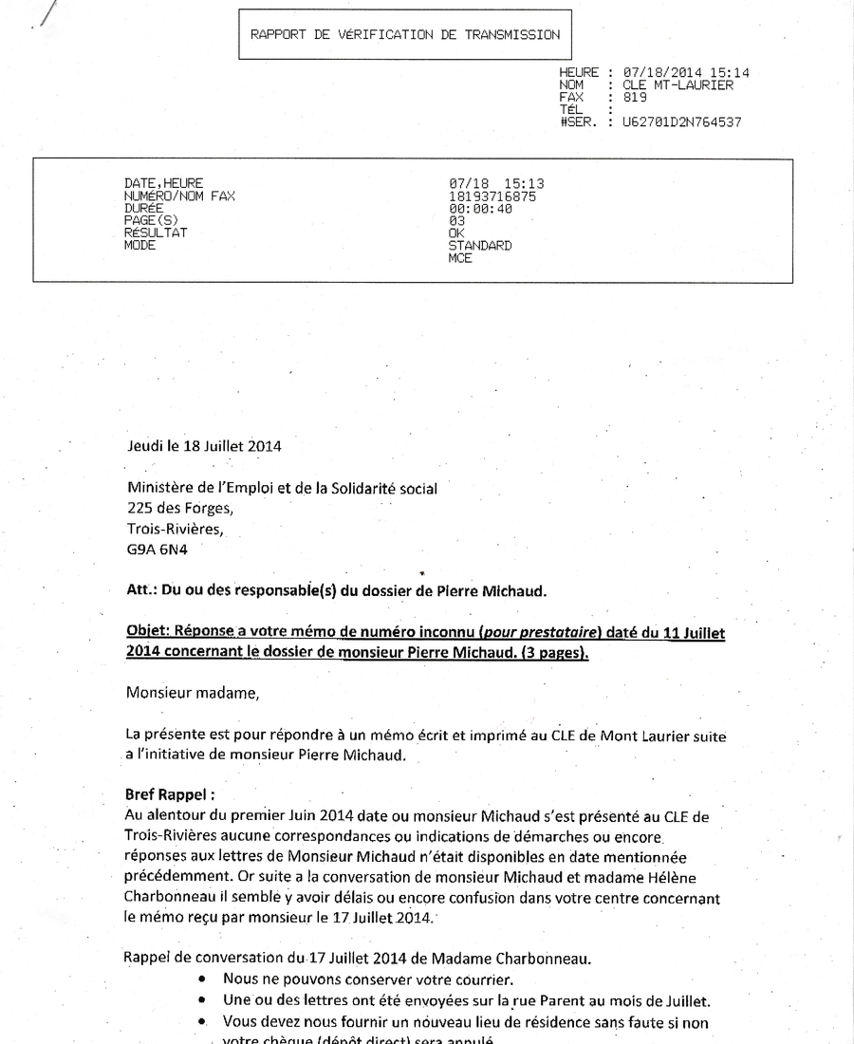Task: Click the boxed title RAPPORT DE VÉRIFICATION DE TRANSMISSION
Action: pos(404,35)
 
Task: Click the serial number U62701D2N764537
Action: pos(681,122)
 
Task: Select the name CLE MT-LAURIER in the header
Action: pos(678,85)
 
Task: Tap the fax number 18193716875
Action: pos(492,196)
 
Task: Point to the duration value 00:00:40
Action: pos(480,209)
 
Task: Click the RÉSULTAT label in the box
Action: pos(156,233)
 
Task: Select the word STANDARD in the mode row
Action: pos(480,246)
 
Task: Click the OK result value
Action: pos(456,233)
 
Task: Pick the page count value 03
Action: pos(456,221)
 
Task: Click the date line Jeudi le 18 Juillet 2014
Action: pos(204,445)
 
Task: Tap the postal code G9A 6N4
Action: pos(157,548)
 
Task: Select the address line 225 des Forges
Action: pos(179,507)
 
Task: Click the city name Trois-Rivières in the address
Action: pos(176,528)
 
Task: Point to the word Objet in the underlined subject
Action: pos(147,633)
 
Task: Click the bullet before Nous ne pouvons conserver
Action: pos(202,979)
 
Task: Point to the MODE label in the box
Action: pos(139,246)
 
